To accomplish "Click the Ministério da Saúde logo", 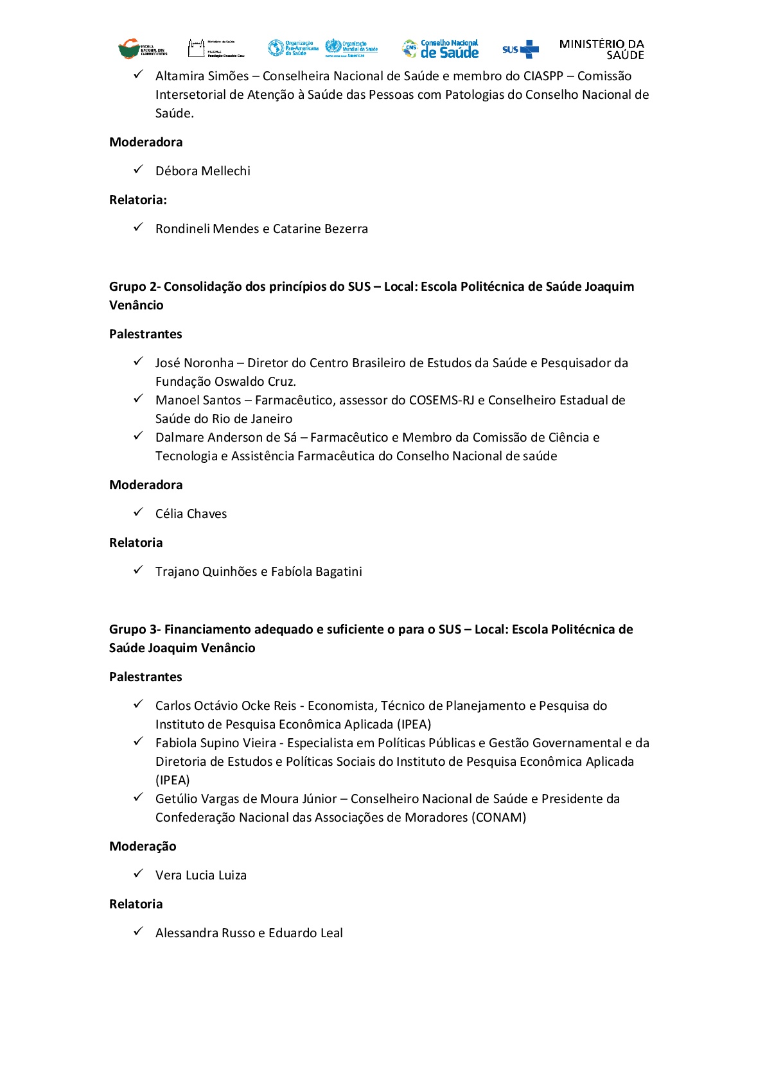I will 601,49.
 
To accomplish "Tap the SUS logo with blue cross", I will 520,49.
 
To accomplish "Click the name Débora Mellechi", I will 203,171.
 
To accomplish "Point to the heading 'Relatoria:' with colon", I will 138,200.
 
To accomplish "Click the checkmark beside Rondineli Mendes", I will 138,228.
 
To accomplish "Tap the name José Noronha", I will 195,363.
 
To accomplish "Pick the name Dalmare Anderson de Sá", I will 226,438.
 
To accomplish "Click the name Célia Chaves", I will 191,514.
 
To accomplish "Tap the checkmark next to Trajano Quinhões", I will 138,571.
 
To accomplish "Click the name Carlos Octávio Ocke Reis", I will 226,706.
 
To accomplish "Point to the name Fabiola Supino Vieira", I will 216,743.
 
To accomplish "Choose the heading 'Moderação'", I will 143,847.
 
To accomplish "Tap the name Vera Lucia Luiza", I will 201,876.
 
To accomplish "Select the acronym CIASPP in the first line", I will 543,76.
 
